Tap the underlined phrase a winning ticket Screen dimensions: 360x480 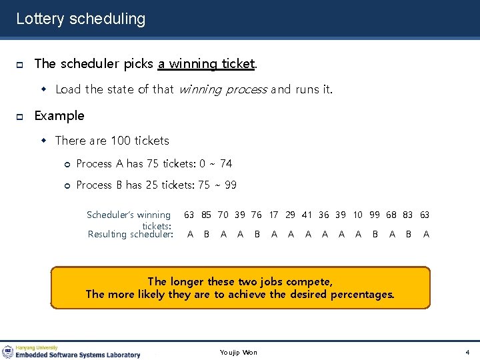pyautogui.click(x=206, y=64)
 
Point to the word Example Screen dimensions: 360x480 pyautogui.click(x=59, y=115)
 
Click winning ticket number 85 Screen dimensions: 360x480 pyautogui.click(x=207, y=215)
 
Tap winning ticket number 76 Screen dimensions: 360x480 pyautogui.click(x=257, y=215)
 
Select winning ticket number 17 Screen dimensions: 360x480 pyautogui.click(x=274, y=215)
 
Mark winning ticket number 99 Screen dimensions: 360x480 pyautogui.click(x=375, y=215)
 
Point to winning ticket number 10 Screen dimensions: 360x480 pyautogui.click(x=358, y=215)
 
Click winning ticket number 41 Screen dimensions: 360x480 pyautogui.click(x=307, y=215)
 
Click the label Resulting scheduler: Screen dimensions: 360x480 pyautogui.click(x=131, y=234)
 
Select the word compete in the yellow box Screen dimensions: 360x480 pyautogui.click(x=310, y=281)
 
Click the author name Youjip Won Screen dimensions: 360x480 pyautogui.click(x=239, y=352)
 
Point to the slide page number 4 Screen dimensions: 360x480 pyautogui.click(x=467, y=352)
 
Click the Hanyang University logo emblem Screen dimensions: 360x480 pyautogui.click(x=8, y=351)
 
